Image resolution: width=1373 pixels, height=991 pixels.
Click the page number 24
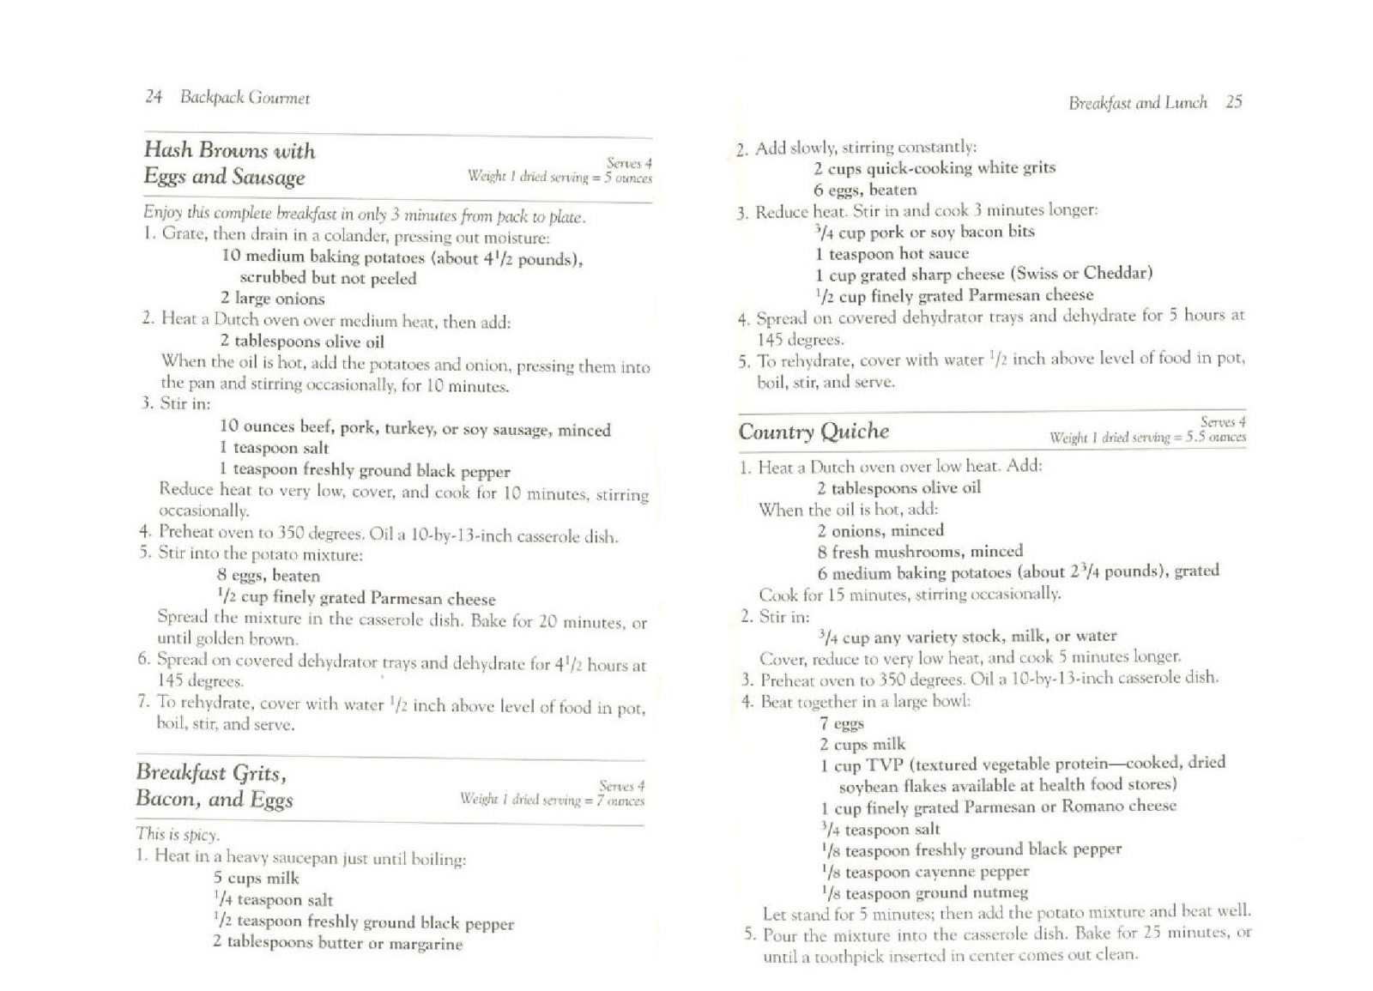(x=154, y=97)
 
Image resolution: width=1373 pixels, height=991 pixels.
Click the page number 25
(x=1234, y=102)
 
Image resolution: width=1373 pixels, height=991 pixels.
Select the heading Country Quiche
(x=814, y=431)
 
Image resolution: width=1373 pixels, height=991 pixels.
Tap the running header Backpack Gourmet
(x=245, y=98)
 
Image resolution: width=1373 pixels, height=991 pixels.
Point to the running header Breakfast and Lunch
(x=1137, y=103)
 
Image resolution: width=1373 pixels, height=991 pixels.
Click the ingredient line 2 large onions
(x=272, y=299)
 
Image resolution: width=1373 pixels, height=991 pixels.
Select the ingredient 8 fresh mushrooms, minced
(x=920, y=552)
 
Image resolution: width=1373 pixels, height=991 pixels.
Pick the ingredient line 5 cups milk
(x=256, y=878)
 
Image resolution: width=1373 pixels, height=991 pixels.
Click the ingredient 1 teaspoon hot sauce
(x=892, y=253)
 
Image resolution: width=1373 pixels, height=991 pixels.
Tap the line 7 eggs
(x=841, y=723)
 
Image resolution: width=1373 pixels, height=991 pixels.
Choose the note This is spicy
(x=178, y=834)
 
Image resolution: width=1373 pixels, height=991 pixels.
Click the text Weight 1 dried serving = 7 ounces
(x=552, y=800)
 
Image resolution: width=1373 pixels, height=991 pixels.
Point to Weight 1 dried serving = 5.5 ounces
(x=1147, y=438)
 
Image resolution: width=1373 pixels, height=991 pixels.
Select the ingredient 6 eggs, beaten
(x=865, y=190)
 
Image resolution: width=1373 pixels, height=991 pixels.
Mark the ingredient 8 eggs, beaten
(x=269, y=576)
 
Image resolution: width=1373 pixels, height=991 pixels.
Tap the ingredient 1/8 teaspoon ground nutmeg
(x=924, y=892)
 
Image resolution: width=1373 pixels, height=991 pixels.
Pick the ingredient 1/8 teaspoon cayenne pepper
(x=925, y=872)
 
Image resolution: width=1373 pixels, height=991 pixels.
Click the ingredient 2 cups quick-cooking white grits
(x=934, y=168)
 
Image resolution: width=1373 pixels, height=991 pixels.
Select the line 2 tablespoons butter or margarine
(x=337, y=943)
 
